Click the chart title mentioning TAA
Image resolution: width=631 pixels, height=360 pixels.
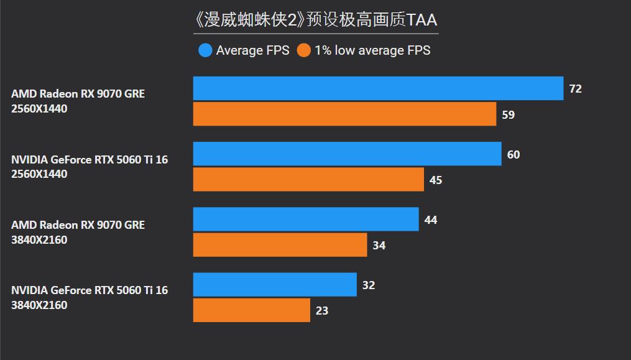316,20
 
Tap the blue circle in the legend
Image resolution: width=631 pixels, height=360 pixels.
205,50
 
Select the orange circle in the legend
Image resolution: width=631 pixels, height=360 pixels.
304,50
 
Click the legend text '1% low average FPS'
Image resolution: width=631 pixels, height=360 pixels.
372,50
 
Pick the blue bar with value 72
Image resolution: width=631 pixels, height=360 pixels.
378,88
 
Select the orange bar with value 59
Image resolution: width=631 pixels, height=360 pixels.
344,114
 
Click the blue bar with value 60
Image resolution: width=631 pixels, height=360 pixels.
347,154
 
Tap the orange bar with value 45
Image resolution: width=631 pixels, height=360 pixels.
308,180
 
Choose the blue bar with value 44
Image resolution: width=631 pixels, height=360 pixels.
306,219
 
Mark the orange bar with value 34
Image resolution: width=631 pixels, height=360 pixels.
280,245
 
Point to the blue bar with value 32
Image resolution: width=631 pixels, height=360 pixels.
275,285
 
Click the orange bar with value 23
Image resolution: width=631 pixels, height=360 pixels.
251,310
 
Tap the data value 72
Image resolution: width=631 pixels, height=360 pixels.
575,89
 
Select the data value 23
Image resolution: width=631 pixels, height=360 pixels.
321,311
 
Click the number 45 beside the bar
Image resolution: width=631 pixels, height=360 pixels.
435,180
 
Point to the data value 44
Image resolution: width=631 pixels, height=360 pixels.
430,220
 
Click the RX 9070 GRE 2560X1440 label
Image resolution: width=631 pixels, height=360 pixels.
78,101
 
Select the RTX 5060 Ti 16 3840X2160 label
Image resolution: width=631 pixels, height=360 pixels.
90,298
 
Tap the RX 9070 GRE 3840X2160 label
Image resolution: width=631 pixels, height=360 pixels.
78,233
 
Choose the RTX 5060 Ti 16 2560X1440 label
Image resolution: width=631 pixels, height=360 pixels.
90,167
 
